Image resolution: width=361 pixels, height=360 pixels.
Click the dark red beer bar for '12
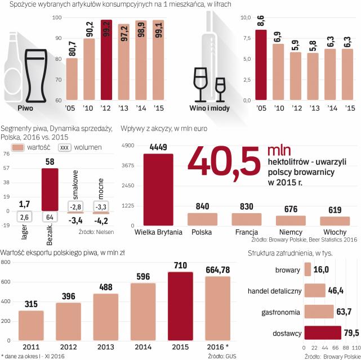point(106,60)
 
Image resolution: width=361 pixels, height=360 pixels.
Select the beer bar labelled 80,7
point(72,79)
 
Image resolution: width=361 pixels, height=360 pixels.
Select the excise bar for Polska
point(202,219)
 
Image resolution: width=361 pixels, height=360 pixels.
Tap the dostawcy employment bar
point(323,334)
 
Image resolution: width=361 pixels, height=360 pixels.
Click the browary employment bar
point(307,270)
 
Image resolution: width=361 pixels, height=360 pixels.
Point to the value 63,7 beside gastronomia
point(343,312)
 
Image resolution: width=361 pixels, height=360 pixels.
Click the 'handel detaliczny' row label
point(275,291)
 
